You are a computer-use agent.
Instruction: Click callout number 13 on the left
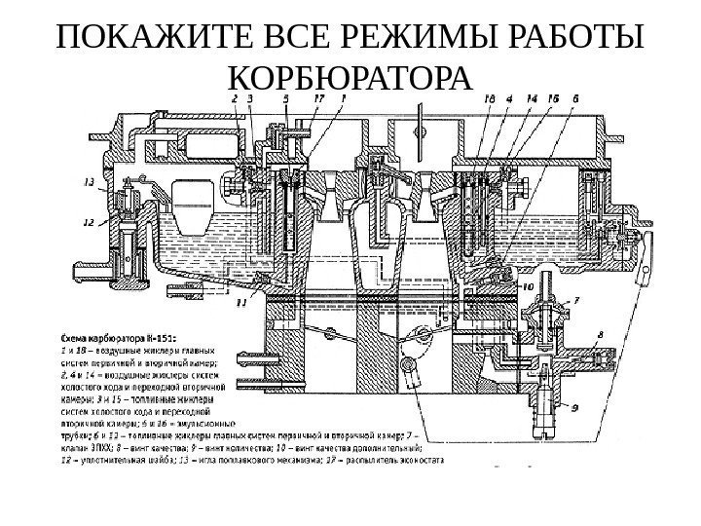(x=89, y=181)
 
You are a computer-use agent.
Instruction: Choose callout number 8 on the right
(x=600, y=335)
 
